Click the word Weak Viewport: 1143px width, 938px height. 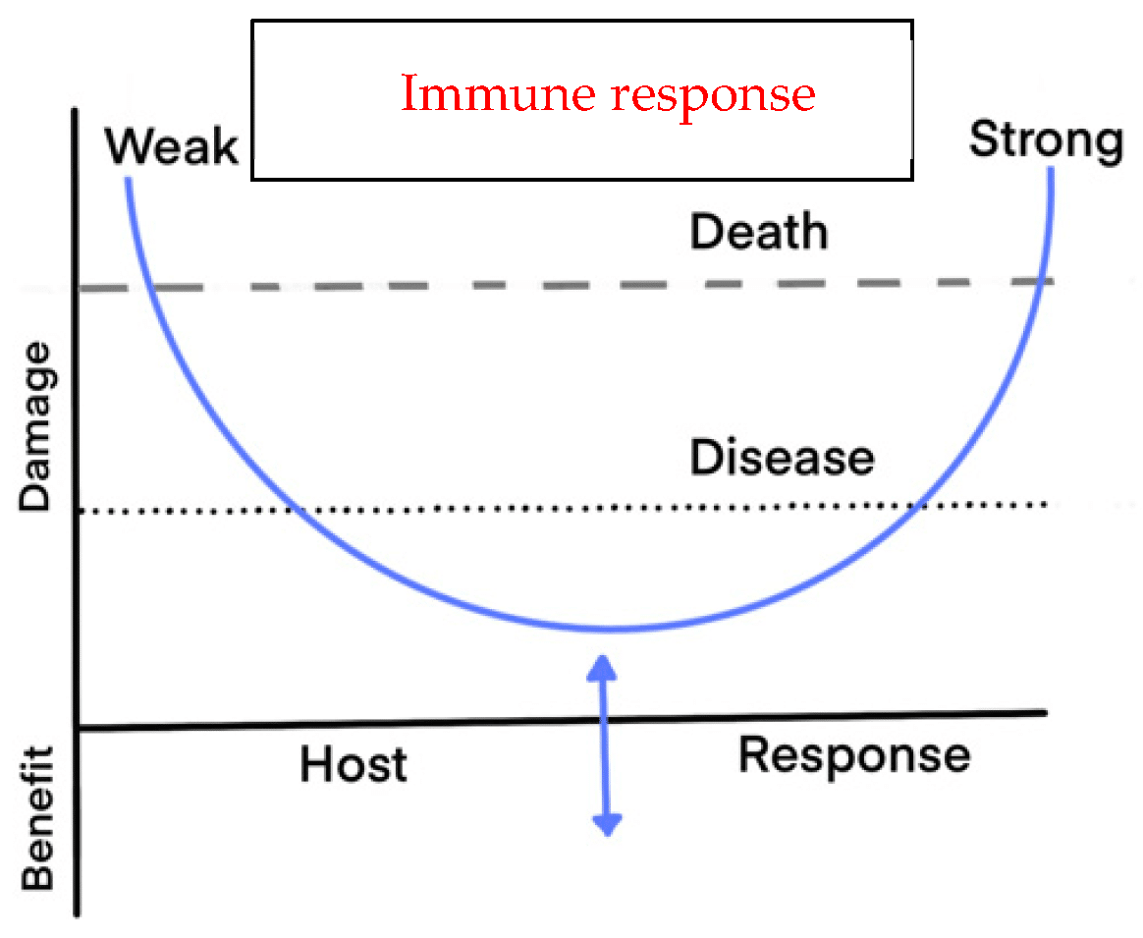coord(172,147)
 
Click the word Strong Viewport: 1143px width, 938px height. coord(1047,139)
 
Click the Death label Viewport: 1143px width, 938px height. coord(759,233)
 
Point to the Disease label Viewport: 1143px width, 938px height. coord(782,458)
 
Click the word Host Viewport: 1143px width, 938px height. coord(354,764)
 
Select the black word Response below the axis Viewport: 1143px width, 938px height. coord(854,755)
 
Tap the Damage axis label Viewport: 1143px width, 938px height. coord(36,426)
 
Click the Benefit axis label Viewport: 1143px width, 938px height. coord(36,817)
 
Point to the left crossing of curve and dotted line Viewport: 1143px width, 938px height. coord(295,510)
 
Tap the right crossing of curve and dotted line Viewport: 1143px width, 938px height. coord(917,506)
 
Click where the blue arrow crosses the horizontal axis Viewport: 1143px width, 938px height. coord(607,721)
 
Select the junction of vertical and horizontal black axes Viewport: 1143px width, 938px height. coord(78,728)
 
